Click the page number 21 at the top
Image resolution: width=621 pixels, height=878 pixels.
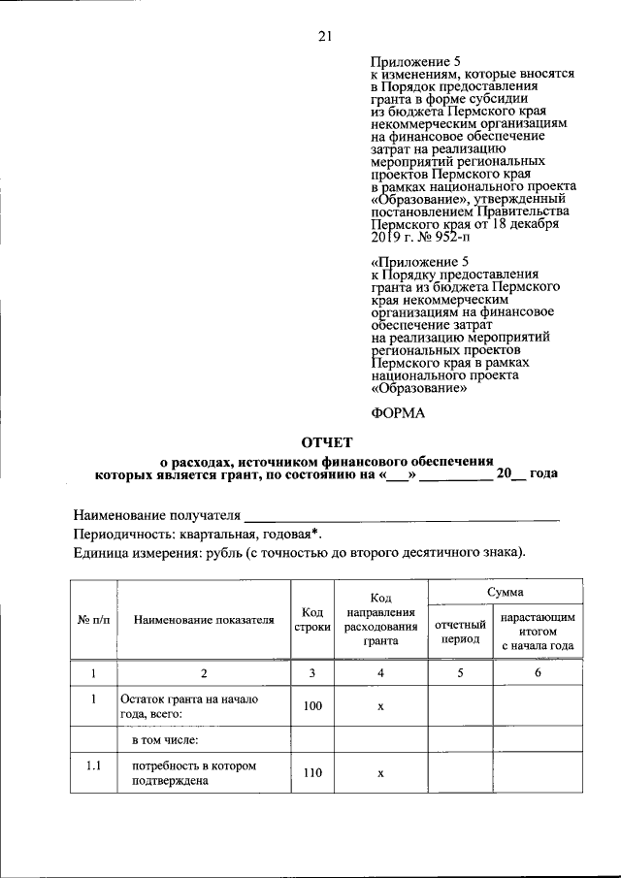point(324,37)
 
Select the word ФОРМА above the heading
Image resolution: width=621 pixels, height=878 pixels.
point(399,412)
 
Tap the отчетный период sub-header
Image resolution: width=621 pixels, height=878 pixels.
point(461,633)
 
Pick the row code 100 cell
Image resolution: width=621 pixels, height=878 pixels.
point(311,706)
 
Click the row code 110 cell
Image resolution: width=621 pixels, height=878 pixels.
point(311,773)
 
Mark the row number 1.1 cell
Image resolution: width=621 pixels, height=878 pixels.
point(93,765)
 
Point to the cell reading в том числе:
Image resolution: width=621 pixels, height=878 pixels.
point(165,740)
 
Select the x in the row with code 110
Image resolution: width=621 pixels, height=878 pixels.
point(380,773)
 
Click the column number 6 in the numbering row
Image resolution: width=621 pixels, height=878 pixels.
point(538,672)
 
